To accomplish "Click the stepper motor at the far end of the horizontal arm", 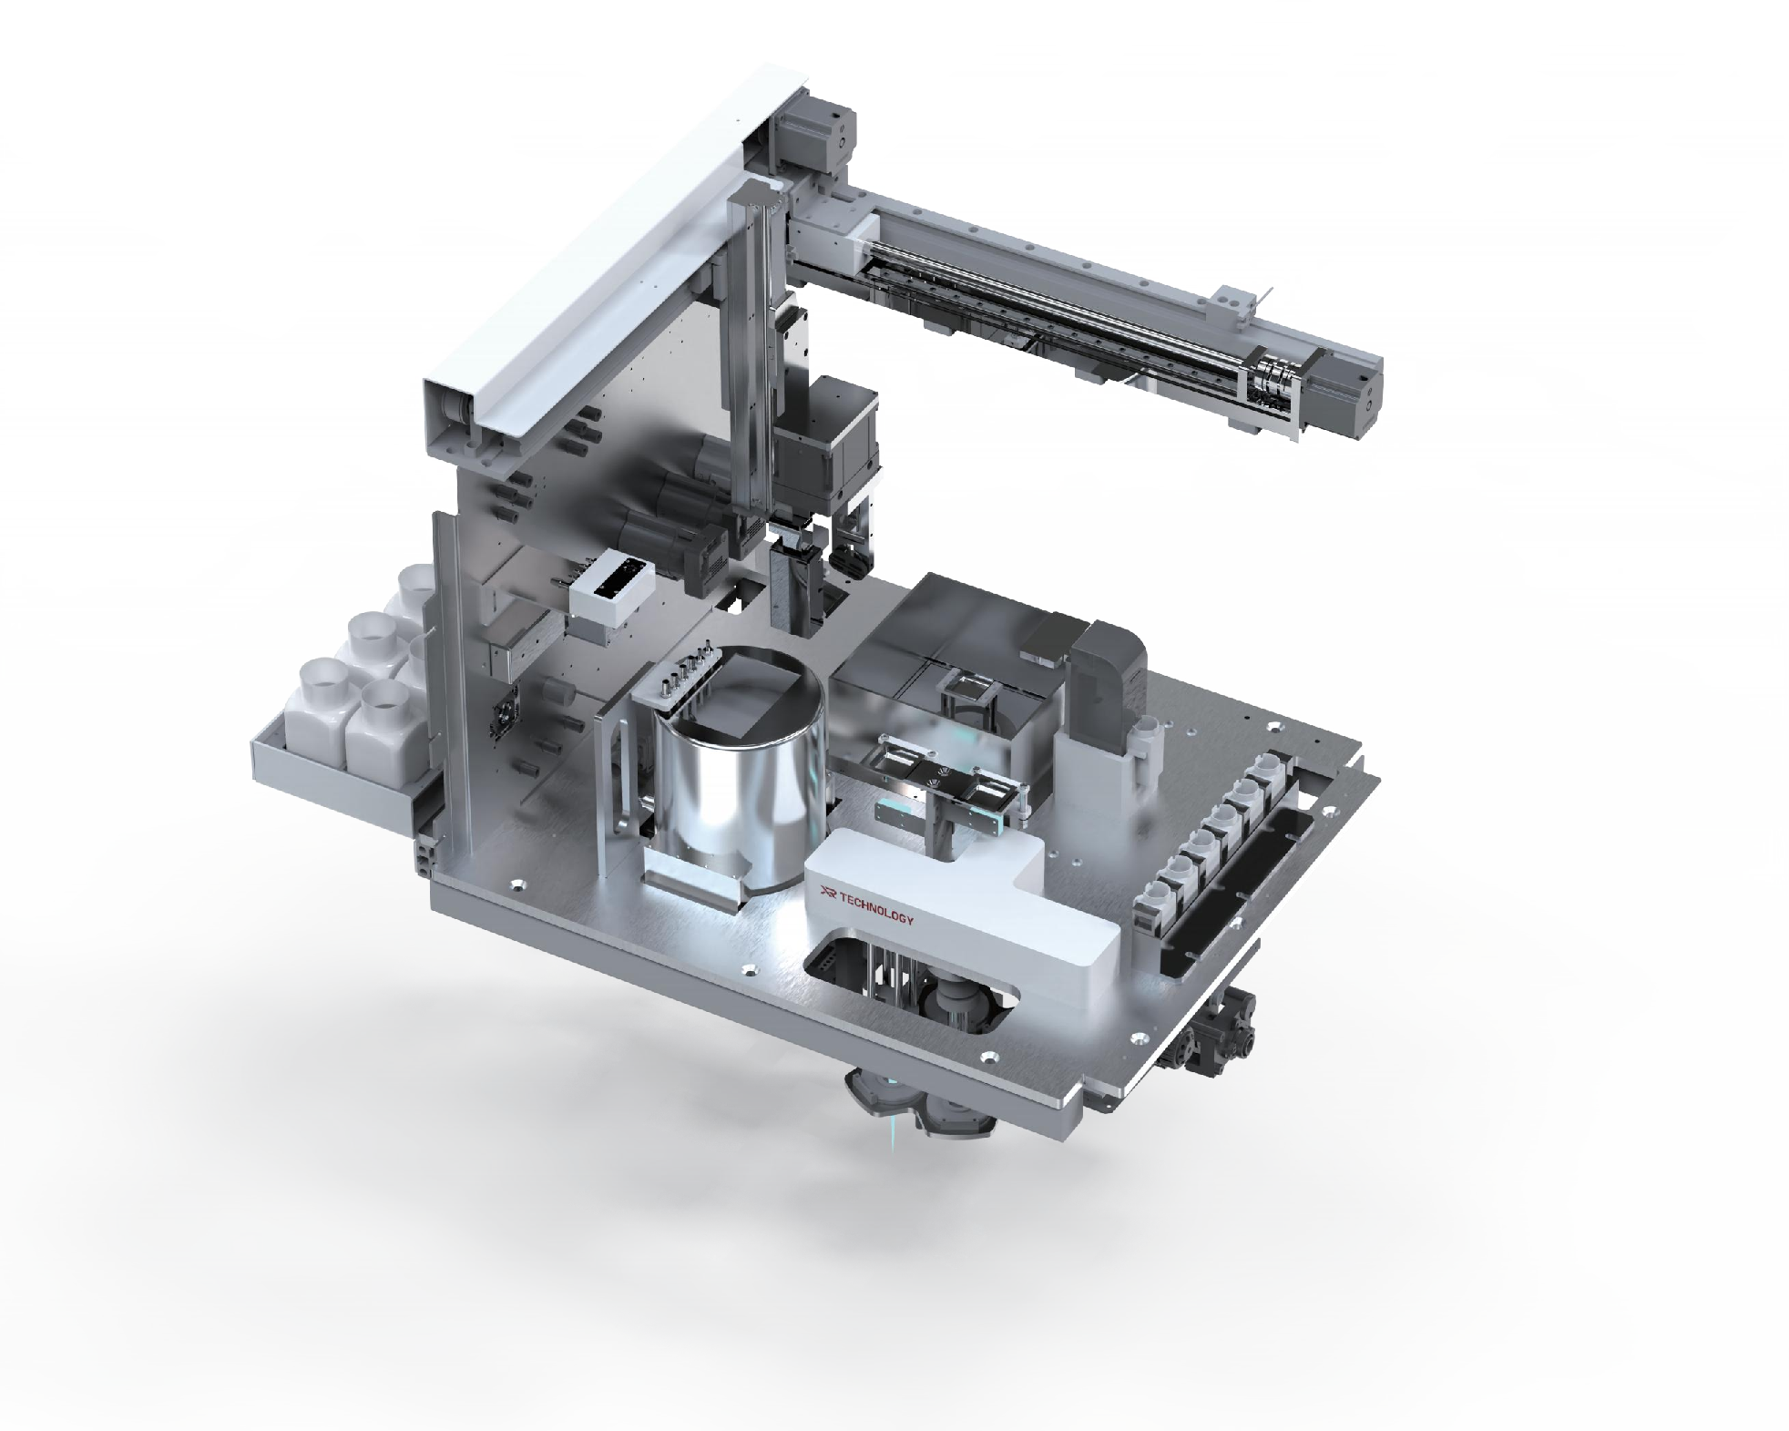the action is coord(1346,394).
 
